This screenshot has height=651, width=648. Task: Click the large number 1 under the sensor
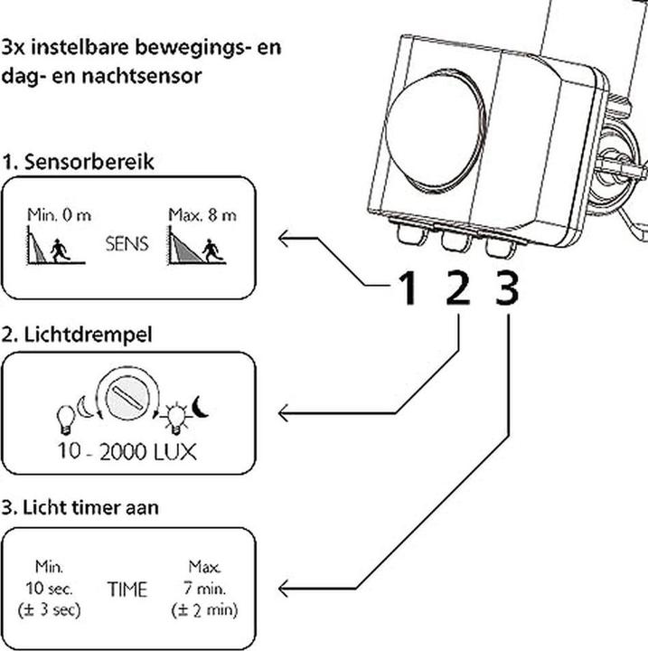coord(409,289)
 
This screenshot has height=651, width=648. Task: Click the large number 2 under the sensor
coord(458,289)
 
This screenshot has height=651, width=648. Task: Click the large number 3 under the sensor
coord(508,289)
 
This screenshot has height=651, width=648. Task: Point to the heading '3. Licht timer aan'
coord(80,508)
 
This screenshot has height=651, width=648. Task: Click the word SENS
coord(127,245)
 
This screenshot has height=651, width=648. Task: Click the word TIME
coord(127,590)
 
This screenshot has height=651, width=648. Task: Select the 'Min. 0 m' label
coord(53,215)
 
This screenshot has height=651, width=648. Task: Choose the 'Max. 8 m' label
coord(202,215)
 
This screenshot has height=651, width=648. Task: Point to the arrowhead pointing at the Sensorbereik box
coord(285,239)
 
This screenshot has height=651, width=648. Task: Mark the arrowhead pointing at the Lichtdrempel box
coord(285,413)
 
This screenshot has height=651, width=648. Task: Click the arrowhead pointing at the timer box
coord(285,590)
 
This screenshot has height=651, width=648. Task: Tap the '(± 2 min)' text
coord(204,610)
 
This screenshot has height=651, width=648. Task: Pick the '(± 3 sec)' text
coord(49,610)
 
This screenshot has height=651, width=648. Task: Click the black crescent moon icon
coord(200,409)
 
